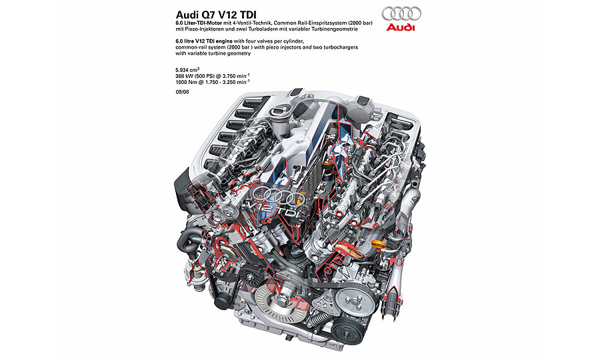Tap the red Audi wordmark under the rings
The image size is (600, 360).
(x=400, y=27)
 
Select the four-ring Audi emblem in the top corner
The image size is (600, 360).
(x=401, y=14)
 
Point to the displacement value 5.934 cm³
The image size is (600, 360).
(x=187, y=69)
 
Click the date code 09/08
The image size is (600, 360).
(x=182, y=92)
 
